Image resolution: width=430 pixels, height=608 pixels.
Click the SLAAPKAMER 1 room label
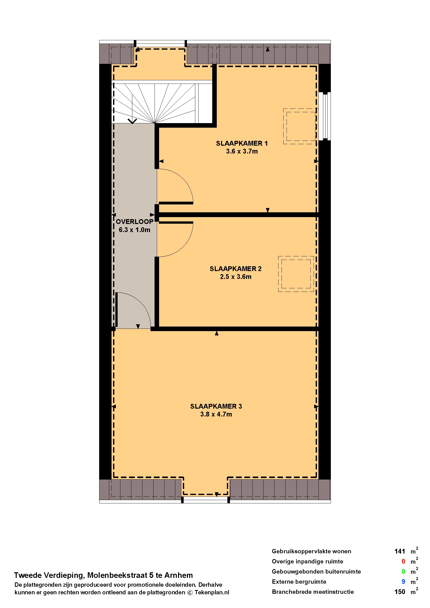point(242,143)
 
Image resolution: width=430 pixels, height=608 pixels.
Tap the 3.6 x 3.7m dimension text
point(242,151)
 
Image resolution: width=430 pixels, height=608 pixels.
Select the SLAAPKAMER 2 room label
point(236,269)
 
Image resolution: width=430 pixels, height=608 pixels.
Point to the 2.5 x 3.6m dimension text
point(236,277)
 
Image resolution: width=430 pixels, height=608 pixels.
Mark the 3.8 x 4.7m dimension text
point(216,414)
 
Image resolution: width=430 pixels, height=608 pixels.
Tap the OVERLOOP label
point(135,222)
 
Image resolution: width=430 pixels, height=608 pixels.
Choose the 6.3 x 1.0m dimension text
point(135,230)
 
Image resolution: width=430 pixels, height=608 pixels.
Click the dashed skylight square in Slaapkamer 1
point(301,109)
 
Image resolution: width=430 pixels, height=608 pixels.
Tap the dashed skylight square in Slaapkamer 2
point(296,256)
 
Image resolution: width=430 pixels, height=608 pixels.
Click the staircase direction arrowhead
point(132,121)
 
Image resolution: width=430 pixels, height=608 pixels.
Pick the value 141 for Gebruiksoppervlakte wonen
point(400,552)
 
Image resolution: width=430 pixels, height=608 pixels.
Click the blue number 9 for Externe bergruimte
point(403,582)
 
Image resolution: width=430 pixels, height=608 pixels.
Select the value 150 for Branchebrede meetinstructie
point(400,592)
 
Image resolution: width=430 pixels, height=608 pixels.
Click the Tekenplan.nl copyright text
point(212,593)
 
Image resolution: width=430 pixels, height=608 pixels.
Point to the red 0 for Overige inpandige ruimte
point(403,562)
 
